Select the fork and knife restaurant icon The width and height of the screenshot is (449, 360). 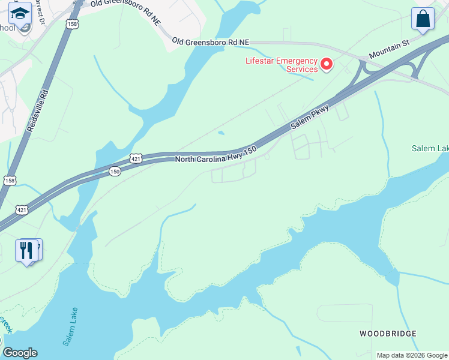(x=26, y=250)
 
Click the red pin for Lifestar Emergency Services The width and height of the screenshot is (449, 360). (x=327, y=64)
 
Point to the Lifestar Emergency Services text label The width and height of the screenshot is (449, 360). (x=281, y=64)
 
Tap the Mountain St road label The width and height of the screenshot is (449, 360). (x=389, y=49)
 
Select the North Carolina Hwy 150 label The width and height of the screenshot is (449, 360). (x=215, y=154)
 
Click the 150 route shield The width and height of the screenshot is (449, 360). (x=115, y=172)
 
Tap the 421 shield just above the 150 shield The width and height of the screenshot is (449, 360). (x=136, y=158)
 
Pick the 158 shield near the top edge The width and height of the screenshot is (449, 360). (x=72, y=24)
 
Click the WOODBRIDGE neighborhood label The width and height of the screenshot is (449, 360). (x=388, y=333)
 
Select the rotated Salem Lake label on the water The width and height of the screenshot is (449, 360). (x=70, y=327)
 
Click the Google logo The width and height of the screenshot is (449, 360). (x=20, y=353)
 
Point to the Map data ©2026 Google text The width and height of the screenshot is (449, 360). (x=411, y=355)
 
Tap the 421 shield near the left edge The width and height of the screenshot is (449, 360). (x=22, y=209)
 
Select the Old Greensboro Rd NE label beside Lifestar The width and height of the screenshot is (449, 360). (x=210, y=41)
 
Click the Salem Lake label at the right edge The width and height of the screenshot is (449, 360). (x=430, y=148)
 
